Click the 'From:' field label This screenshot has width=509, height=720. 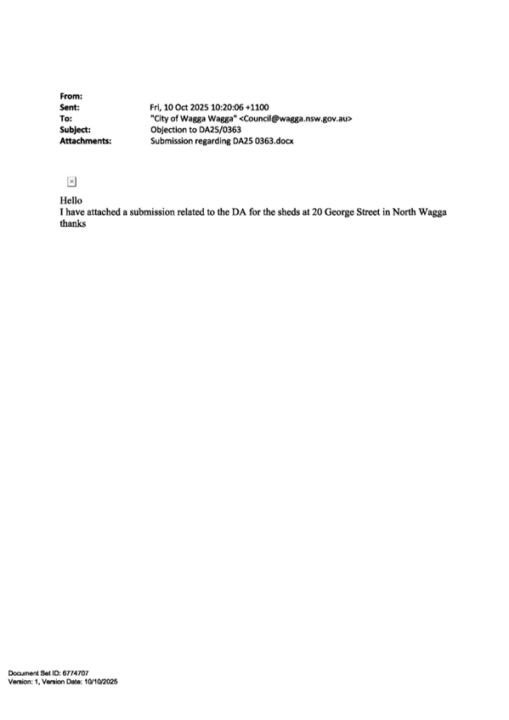click(71, 97)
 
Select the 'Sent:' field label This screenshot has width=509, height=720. click(70, 108)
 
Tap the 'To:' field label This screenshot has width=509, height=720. click(65, 119)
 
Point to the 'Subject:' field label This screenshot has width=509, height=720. click(75, 130)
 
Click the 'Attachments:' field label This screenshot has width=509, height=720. click(86, 141)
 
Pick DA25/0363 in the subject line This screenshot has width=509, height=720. click(220, 130)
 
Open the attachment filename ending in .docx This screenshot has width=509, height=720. click(222, 141)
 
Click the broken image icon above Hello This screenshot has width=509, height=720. click(71, 182)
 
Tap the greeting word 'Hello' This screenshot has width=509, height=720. click(71, 200)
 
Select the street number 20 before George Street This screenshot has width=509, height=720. click(317, 212)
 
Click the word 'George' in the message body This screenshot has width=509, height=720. click(339, 212)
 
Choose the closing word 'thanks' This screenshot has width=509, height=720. click(72, 223)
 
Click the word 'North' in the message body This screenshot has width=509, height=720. click(404, 212)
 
